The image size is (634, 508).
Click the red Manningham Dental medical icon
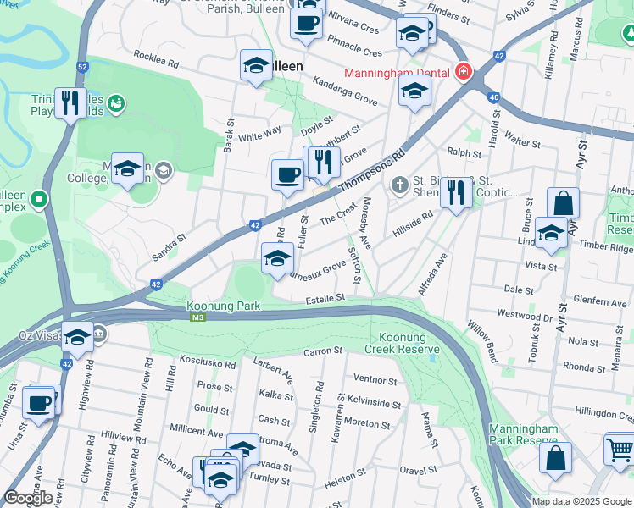pos(463,71)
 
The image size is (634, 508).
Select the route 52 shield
pos(81,67)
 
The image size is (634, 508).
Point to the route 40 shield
pos(493,97)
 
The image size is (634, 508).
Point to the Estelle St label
pos(325,298)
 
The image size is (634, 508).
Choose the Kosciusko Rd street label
pos(208,362)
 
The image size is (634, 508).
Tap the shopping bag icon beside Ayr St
pos(563,203)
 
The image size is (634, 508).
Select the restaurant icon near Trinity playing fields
pos(70,103)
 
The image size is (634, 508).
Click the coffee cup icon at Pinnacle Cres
pos(306,22)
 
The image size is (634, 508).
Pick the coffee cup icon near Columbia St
pos(39,402)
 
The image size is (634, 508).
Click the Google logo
pos(29,498)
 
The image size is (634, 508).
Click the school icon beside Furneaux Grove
pos(276,259)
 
